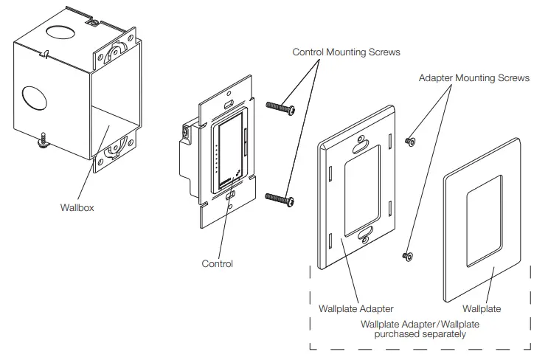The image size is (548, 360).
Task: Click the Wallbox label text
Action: pos(77,207)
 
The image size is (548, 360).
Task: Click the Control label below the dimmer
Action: pos(217,263)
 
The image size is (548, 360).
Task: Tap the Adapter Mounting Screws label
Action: pos(474,78)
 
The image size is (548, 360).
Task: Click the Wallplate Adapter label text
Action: pos(355,308)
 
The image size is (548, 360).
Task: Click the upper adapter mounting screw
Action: pos(410,139)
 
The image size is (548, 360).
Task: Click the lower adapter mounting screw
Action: pos(406,255)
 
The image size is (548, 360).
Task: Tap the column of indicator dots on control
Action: pos(215,158)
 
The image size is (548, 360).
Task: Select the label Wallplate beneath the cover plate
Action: pos(481,308)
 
